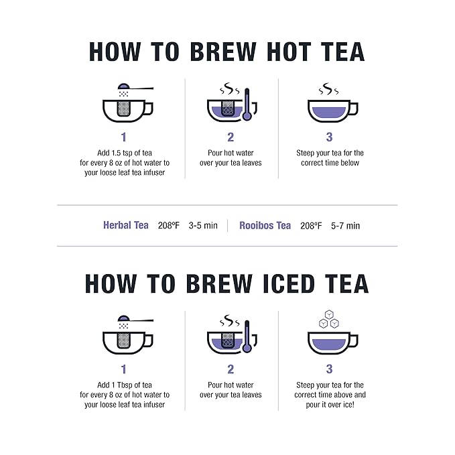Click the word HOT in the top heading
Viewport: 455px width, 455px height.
[279, 52]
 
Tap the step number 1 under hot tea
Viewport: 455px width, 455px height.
[124, 137]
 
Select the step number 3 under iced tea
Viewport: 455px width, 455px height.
[329, 369]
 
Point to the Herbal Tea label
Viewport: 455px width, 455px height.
[126, 225]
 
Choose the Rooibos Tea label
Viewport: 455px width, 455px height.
[265, 225]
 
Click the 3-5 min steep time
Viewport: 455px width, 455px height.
[203, 226]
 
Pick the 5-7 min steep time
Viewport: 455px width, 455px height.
[345, 226]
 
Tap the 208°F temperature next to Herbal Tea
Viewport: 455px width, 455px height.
[169, 226]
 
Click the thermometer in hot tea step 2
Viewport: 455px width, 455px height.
[247, 105]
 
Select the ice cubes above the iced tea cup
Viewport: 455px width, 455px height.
[329, 319]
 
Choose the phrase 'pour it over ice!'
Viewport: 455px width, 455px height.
[329, 405]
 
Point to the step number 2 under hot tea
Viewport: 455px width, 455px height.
[231, 137]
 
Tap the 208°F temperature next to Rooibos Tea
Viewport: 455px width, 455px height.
[311, 226]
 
